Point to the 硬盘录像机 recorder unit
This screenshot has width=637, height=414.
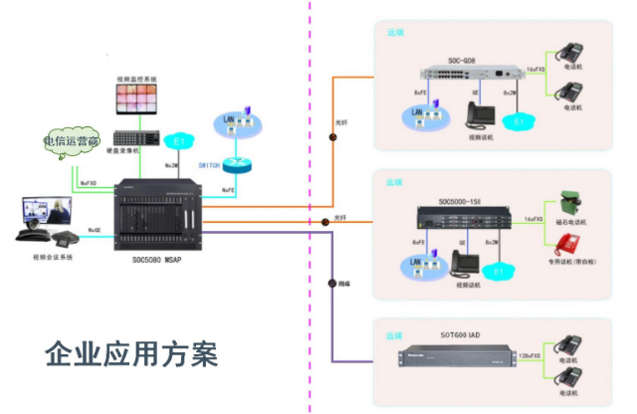click(x=137, y=138)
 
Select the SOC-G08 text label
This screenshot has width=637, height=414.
click(x=462, y=61)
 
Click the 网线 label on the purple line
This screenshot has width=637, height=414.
click(x=343, y=284)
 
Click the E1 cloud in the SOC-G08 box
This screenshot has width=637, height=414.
click(x=517, y=121)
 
